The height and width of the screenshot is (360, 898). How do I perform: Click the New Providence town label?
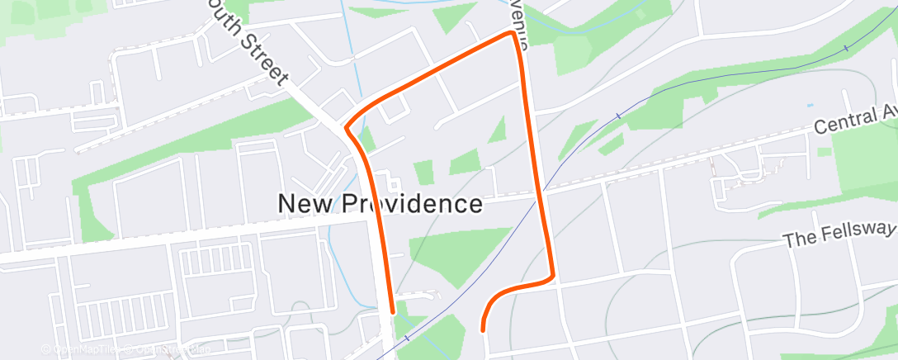click(380, 203)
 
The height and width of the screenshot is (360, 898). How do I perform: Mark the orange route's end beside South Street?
click(392, 312)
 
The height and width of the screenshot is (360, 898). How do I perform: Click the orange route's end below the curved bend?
click(483, 330)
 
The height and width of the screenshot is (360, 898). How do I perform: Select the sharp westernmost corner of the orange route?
click(346, 130)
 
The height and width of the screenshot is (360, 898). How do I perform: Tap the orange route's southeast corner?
click(551, 277)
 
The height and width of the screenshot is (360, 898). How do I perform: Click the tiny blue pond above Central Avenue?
click(809, 106)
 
